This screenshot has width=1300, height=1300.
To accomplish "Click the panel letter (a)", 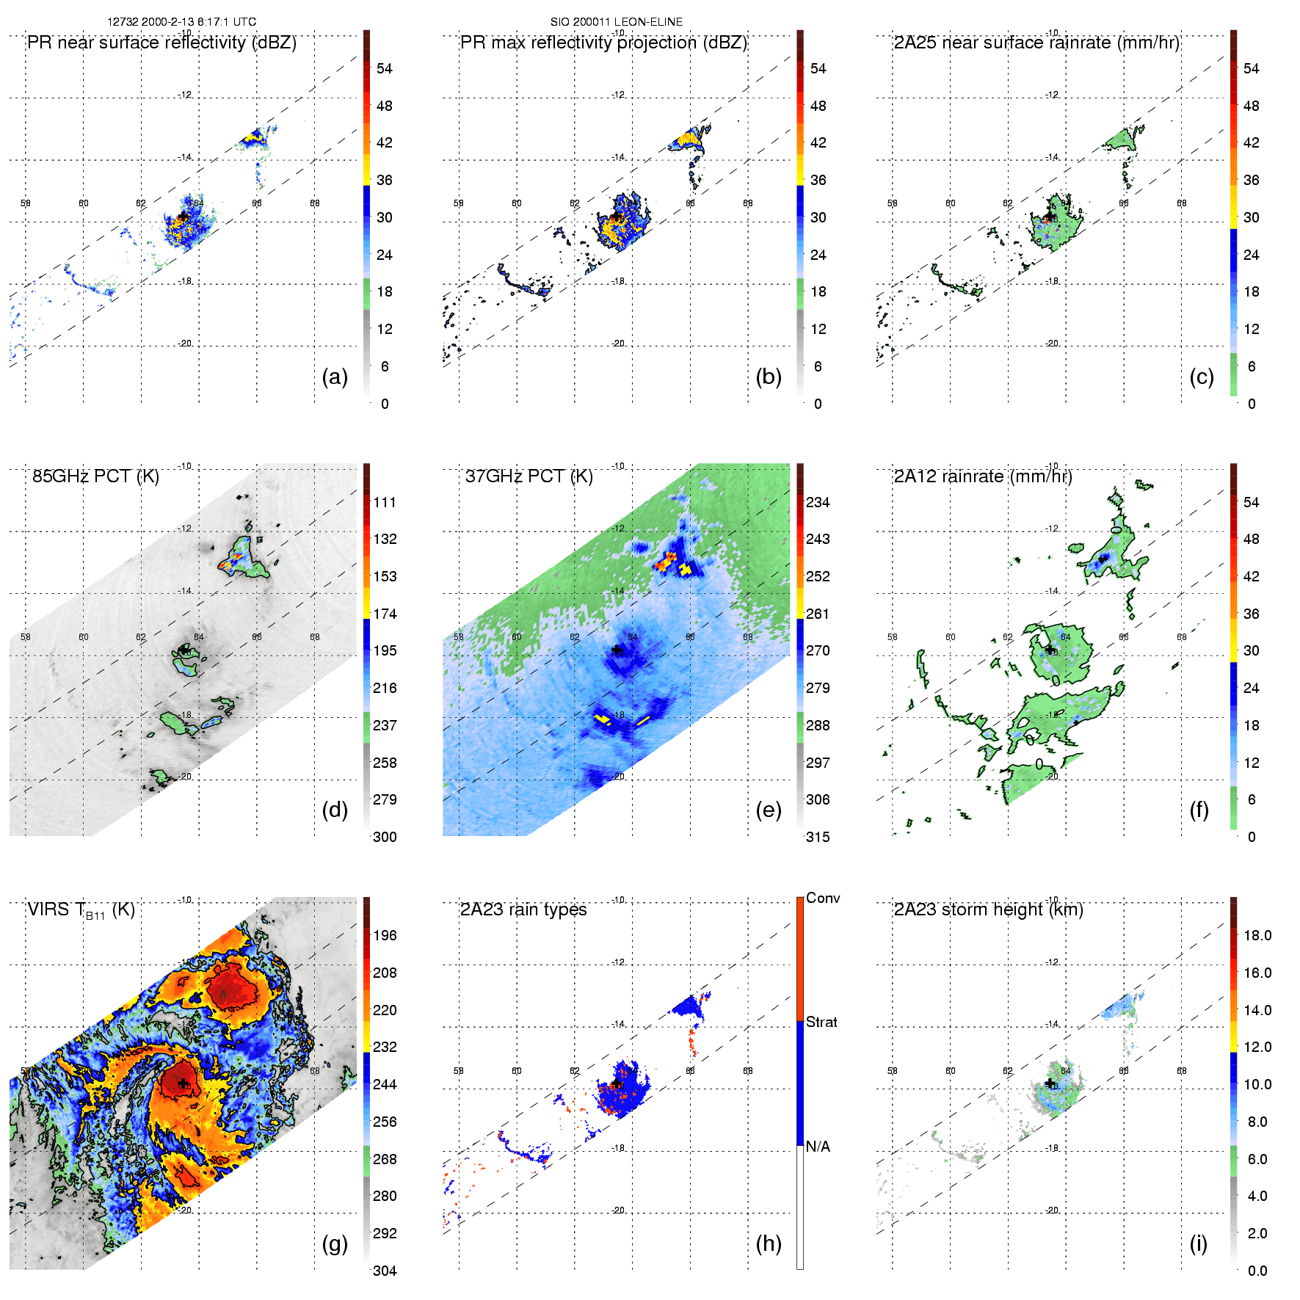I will point(335,377).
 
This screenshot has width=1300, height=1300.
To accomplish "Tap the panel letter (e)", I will point(769,810).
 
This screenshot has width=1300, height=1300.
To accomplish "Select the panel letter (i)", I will point(1199,1243).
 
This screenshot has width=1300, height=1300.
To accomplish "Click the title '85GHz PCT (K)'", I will point(95,476).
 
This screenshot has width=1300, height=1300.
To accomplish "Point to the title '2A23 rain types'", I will point(523,909).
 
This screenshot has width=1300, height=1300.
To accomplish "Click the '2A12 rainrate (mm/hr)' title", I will point(983,476).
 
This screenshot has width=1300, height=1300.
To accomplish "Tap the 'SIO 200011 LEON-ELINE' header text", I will point(617,22).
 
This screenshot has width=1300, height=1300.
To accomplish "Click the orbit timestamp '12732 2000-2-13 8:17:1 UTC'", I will point(182,22).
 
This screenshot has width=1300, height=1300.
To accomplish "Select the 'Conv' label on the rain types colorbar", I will point(823,898).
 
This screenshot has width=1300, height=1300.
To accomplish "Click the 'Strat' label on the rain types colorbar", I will point(821,1022).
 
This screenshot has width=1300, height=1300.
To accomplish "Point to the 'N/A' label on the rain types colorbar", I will point(818,1147).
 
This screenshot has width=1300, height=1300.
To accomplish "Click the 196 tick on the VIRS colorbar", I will point(385,935).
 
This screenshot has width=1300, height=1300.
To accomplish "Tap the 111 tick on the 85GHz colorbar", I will point(385,502).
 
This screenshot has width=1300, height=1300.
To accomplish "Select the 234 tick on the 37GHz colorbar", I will point(818,502).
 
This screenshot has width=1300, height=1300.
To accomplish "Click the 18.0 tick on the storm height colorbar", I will point(1257,935).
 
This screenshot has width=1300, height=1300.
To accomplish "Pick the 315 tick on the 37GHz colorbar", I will point(818,837).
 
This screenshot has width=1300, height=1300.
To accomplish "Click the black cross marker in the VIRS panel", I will point(182,1083).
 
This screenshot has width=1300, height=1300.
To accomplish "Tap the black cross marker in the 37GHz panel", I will point(617,650).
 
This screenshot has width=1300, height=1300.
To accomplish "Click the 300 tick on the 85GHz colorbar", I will point(385,837).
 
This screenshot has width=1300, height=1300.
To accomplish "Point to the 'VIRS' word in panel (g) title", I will point(48,909).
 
